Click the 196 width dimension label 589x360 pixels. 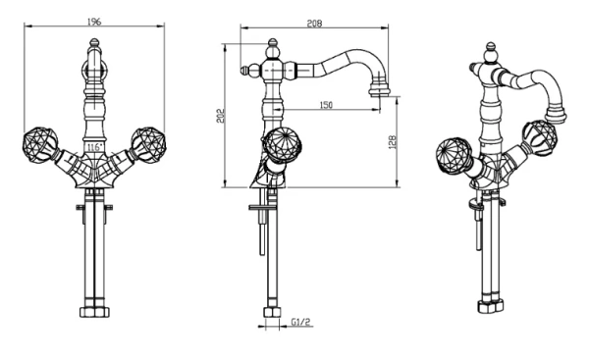[x=94, y=22]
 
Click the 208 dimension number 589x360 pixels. [x=314, y=24]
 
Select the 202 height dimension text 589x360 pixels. [x=221, y=116]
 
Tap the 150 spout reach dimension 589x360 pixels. [x=326, y=105]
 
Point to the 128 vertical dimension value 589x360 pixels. [x=392, y=142]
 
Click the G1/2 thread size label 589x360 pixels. [x=301, y=322]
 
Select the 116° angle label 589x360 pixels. [x=94, y=147]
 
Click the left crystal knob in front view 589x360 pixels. [x=40, y=145]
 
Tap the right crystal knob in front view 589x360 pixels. [x=149, y=145]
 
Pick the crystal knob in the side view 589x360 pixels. [x=282, y=145]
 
